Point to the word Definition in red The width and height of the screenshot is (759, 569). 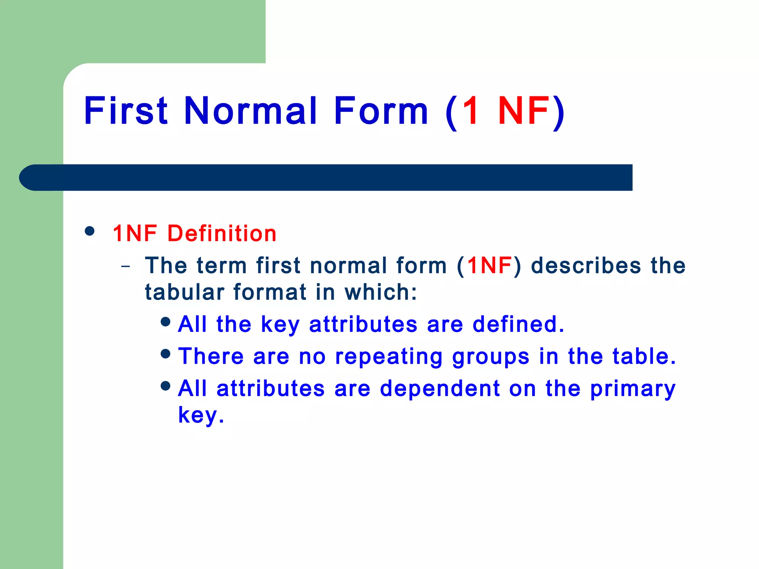tap(222, 234)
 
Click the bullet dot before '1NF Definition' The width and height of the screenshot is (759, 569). tap(89, 231)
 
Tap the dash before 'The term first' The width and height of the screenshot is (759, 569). tap(126, 266)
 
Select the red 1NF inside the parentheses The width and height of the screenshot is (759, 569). tap(489, 266)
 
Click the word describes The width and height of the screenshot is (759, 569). tap(586, 266)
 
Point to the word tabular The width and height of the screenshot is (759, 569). tap(185, 292)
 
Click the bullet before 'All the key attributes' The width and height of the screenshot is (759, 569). tap(166, 321)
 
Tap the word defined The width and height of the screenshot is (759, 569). tap(518, 324)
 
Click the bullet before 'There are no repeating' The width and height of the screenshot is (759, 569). tap(166, 353)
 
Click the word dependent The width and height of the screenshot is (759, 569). tap(440, 389)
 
